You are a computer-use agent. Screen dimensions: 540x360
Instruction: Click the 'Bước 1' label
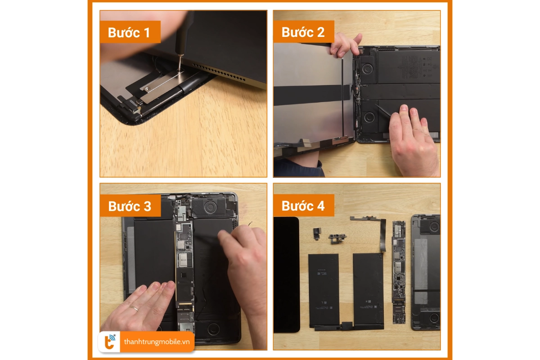tap(129, 32)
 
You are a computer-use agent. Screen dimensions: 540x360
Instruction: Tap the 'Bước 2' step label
tap(303, 32)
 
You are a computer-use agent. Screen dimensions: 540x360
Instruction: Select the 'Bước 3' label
tap(130, 206)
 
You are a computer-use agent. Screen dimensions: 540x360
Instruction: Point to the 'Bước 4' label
tap(303, 206)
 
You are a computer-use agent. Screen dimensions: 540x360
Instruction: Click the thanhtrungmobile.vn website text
tap(157, 342)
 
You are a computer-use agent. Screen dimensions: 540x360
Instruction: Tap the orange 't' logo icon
tap(110, 342)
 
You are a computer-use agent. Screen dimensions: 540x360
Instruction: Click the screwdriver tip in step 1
tap(180, 70)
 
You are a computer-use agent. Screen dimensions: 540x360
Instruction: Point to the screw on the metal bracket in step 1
tap(147, 89)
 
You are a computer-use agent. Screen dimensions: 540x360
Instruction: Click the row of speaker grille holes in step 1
tap(219, 72)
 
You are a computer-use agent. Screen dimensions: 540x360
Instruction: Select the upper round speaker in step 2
tap(367, 69)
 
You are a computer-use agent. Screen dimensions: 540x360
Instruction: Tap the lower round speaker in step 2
tap(369, 117)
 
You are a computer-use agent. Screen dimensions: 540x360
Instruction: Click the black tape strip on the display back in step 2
tap(311, 95)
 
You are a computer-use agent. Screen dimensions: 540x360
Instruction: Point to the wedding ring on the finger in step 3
tap(134, 308)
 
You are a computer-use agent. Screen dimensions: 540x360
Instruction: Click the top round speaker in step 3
tap(211, 207)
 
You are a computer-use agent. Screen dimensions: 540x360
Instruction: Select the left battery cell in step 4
tap(324, 290)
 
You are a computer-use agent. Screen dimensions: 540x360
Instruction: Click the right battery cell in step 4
tap(368, 291)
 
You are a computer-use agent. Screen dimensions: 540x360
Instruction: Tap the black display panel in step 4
tap(286, 274)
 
